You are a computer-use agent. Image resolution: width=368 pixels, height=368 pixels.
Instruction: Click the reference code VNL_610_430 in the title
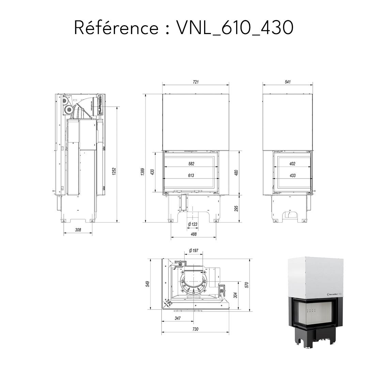pos(235,28)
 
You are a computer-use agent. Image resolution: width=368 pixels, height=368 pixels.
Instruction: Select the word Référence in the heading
pos(116,28)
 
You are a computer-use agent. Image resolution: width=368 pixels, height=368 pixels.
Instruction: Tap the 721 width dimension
pos(196,82)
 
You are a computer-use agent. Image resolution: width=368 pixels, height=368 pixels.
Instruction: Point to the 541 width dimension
pos(287,82)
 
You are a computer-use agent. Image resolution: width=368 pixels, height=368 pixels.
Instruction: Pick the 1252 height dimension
pos(114,171)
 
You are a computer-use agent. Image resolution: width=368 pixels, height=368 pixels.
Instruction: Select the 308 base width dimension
pos(78,230)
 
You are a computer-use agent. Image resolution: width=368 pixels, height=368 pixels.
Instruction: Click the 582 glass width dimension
pos(191,164)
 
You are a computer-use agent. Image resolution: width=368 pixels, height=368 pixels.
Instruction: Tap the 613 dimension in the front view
pos(191,175)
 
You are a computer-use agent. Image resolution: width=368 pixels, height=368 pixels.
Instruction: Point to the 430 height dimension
pos(153,172)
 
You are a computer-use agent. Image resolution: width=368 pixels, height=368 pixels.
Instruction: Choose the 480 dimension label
pos(236,172)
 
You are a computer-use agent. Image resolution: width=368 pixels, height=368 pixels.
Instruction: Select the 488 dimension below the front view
pos(193,234)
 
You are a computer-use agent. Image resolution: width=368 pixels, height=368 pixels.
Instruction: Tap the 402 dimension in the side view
pos(292,164)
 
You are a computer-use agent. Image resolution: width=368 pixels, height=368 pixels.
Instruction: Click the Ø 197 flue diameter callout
pos(193,251)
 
